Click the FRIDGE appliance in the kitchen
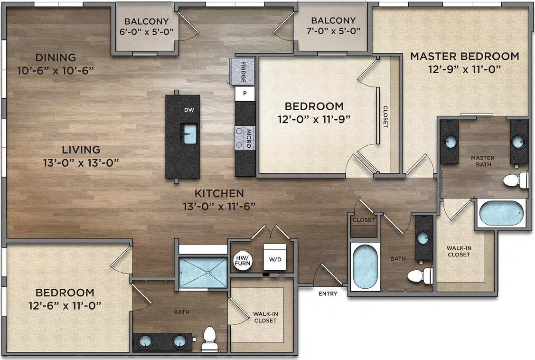[242, 72]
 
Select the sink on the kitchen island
[189, 133]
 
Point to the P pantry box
[245, 94]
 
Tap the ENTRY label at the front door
[328, 294]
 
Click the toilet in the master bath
[515, 180]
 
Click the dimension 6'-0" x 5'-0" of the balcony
[146, 32]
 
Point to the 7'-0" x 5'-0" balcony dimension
[333, 32]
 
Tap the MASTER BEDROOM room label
[464, 56]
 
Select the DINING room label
[55, 57]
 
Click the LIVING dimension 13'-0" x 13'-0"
[80, 162]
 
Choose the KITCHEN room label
[219, 193]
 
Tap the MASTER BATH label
[482, 161]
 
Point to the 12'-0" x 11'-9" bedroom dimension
[314, 119]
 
